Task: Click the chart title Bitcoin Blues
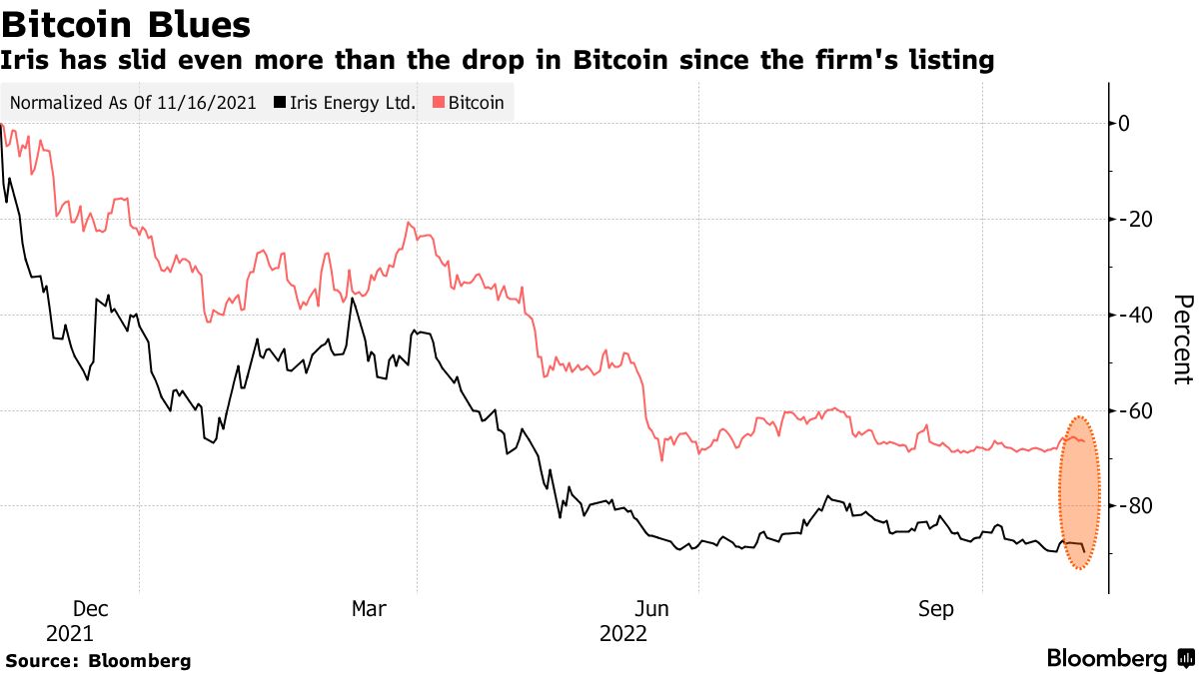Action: (x=126, y=23)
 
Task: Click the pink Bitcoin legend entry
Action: (x=469, y=103)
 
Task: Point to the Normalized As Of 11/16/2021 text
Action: (x=133, y=103)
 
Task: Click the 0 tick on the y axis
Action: (x=1124, y=124)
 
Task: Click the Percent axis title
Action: (x=1182, y=339)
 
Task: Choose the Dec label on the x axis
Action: (x=90, y=609)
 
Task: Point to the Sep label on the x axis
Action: (x=936, y=609)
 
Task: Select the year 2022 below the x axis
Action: (x=623, y=634)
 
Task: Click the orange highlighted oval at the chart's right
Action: (x=1079, y=493)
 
